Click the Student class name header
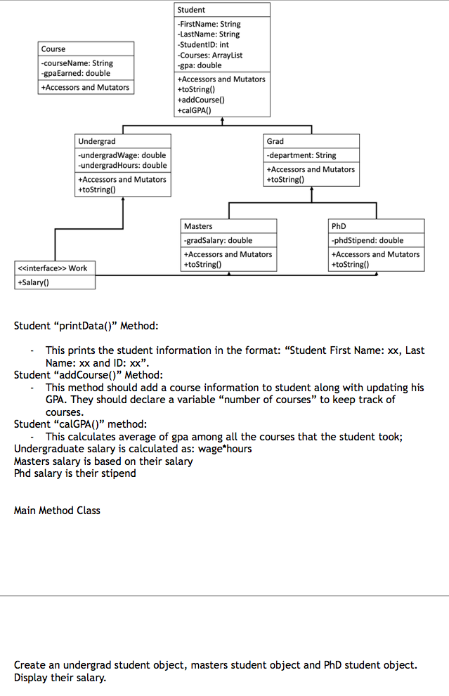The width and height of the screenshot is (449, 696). click(x=191, y=10)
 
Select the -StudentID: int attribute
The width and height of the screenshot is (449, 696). click(x=203, y=44)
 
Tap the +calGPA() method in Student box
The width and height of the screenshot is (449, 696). click(x=195, y=110)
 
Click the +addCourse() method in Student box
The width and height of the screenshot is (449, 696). click(x=201, y=100)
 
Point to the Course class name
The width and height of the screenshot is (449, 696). click(x=53, y=49)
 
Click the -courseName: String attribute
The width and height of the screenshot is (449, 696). click(x=77, y=63)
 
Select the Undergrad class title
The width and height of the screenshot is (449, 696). click(x=97, y=141)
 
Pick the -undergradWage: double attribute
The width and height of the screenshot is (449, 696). click(x=122, y=155)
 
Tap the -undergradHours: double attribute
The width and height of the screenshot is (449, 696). click(x=123, y=165)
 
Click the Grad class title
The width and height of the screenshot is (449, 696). click(x=275, y=141)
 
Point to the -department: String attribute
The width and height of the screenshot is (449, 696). click(x=301, y=155)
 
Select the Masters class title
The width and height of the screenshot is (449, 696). click(x=198, y=226)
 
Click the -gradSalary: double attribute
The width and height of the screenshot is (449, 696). click(x=218, y=240)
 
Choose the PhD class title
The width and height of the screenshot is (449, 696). click(x=339, y=226)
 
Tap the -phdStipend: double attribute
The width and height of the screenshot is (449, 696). click(x=367, y=240)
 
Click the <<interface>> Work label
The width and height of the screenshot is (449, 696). click(x=52, y=268)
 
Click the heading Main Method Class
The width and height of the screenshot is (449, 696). click(x=57, y=511)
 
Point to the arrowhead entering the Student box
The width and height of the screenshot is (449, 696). click(x=222, y=120)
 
